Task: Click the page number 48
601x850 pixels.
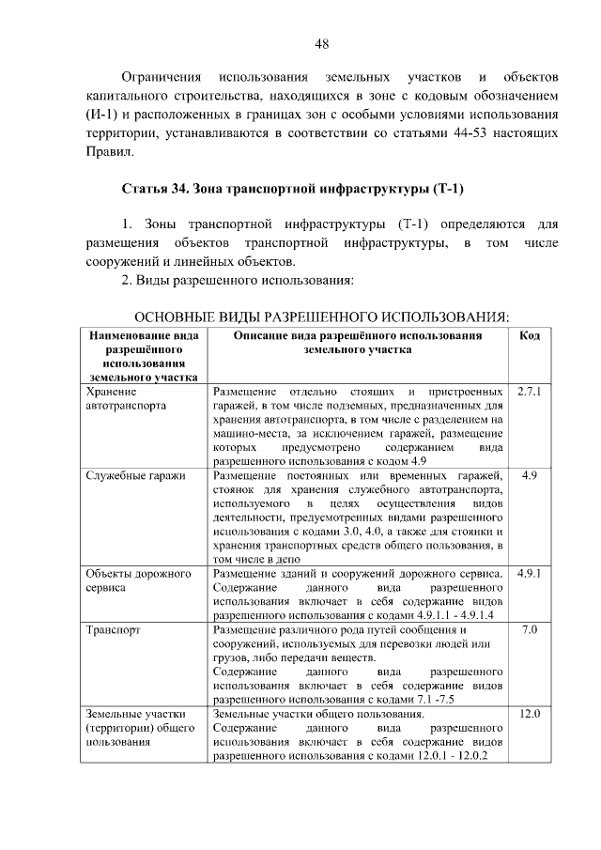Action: [321, 43]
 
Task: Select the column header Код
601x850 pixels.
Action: [530, 334]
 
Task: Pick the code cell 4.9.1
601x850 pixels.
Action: [530, 572]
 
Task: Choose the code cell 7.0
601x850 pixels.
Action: [530, 628]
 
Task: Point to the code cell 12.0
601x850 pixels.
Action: [530, 714]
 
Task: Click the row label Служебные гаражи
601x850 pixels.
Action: [135, 475]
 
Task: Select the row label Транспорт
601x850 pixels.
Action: [113, 629]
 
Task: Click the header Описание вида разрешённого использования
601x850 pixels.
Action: [358, 334]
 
